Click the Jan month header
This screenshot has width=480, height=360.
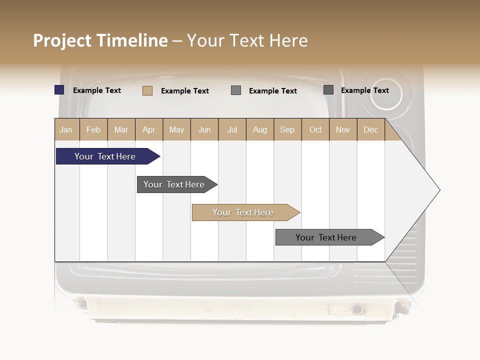point(66,129)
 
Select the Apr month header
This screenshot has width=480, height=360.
point(149,129)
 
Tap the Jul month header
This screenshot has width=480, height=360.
point(232,129)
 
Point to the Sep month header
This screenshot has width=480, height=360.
point(287,129)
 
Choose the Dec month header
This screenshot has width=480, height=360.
point(370,129)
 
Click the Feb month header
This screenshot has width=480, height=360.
point(93,129)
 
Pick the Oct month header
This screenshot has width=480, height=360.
point(315,129)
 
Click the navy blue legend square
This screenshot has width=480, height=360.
point(59,90)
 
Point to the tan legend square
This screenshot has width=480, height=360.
point(147,90)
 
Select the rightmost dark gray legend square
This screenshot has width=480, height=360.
point(328,90)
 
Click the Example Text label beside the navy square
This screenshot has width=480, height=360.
point(97,90)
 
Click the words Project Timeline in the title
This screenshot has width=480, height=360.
point(100,40)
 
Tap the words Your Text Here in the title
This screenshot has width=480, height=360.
point(247,40)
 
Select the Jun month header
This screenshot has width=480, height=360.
point(204,129)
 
